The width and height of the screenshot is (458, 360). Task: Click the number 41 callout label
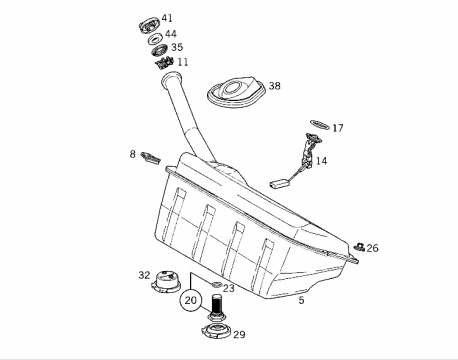tap(167, 18)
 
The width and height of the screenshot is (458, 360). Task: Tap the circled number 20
tap(191, 300)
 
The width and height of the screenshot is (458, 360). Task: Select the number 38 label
tap(275, 86)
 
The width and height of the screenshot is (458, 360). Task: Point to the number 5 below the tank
tap(301, 300)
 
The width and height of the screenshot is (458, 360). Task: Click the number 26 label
tap(373, 248)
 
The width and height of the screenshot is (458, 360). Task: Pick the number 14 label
tap(321, 161)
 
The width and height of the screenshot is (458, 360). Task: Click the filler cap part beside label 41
tap(149, 26)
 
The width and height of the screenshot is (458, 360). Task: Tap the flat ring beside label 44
tap(155, 39)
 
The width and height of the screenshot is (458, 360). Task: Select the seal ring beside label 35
tap(160, 51)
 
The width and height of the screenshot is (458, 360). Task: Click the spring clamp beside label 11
tap(165, 63)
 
